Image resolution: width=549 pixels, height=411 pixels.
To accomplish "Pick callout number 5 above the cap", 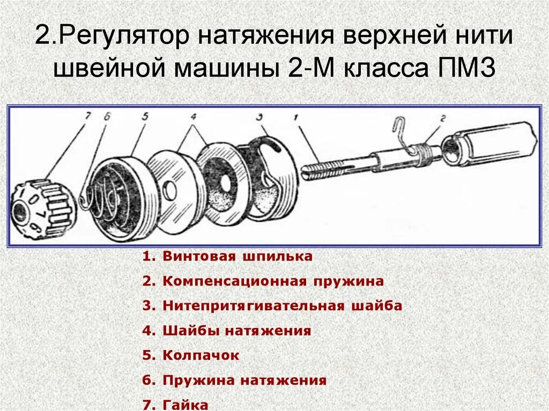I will (145, 116).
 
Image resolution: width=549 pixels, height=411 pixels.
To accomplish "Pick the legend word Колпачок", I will (201, 355).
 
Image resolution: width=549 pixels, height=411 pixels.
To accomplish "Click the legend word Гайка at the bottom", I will (186, 405).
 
